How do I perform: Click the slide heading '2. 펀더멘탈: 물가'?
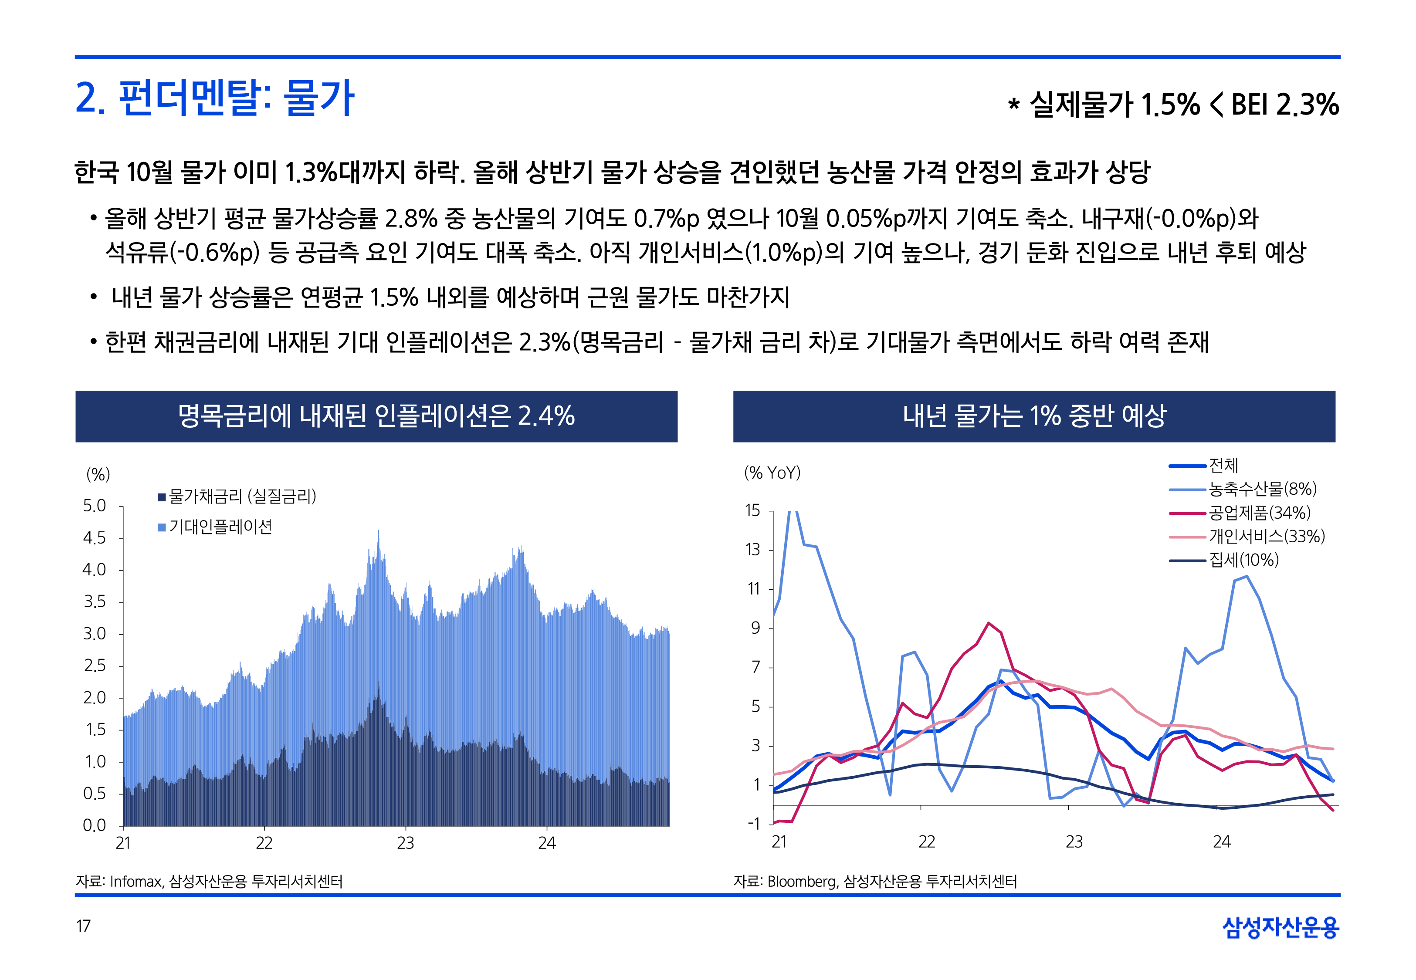point(214,98)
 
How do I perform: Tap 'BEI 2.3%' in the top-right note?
point(1284,105)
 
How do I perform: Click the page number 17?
point(84,926)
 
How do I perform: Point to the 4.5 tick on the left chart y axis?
point(94,538)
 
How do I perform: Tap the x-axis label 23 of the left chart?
point(405,843)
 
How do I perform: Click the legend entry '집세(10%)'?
point(1243,560)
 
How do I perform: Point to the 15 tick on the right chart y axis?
point(753,511)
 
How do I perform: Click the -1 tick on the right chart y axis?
point(753,824)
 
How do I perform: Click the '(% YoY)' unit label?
point(772,473)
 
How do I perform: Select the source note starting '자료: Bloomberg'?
point(874,882)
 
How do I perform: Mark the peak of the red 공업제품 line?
point(988,623)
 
